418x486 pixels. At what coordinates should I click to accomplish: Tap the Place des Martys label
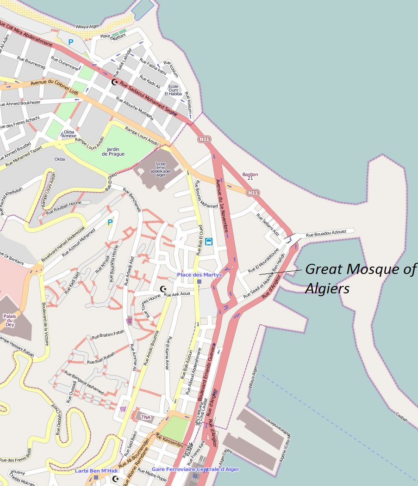[199, 275]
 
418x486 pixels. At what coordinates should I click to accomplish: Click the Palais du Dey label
[10, 320]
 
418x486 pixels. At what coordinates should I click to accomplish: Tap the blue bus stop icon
[209, 241]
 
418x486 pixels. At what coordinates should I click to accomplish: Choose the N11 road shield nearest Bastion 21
[252, 192]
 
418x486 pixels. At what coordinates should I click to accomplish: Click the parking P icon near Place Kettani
[71, 42]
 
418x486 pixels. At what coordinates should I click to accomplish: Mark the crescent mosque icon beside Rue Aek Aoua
[163, 289]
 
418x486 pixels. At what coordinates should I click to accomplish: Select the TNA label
[146, 417]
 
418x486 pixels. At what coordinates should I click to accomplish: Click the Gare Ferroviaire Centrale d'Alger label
[195, 469]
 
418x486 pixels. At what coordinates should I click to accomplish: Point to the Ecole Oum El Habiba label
[175, 90]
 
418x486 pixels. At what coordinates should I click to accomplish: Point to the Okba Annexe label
[69, 134]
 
